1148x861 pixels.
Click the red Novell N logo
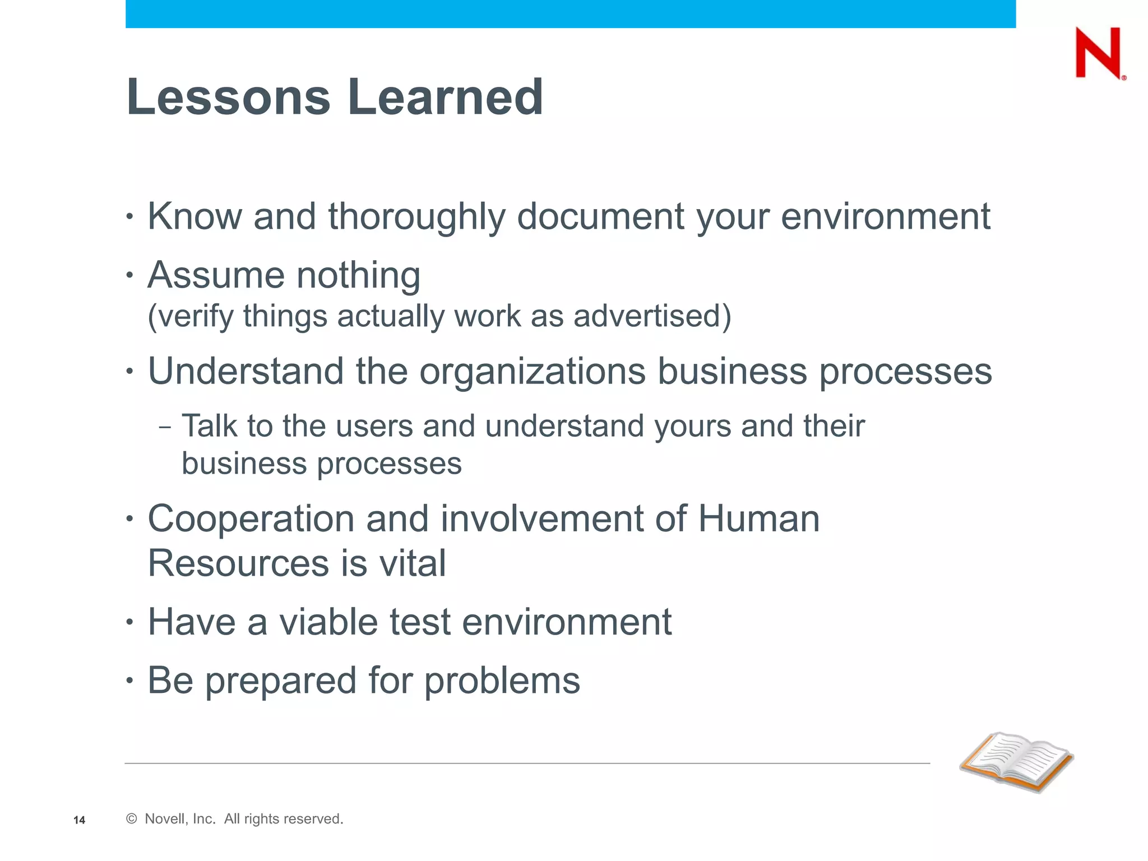click(1098, 53)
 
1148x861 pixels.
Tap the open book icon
click(1017, 762)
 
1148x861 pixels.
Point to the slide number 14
click(79, 820)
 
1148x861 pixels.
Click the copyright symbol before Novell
click(132, 819)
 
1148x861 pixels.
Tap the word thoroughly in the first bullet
click(416, 216)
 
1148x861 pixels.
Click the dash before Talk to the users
click(165, 428)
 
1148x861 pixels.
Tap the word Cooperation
click(251, 519)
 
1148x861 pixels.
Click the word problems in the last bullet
click(502, 681)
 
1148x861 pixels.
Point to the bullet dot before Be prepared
click(130, 681)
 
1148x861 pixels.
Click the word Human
click(758, 519)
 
